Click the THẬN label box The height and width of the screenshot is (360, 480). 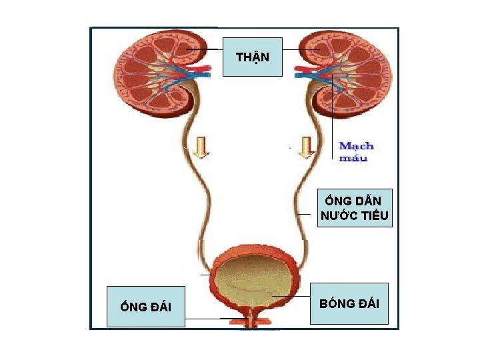point(253,57)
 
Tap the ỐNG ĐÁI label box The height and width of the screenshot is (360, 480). point(146,307)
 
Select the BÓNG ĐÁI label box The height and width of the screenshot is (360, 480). point(349,304)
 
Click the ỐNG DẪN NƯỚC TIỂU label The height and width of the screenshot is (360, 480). point(355,208)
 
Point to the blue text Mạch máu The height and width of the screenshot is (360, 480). point(357,151)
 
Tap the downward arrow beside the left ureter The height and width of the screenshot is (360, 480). point(200,147)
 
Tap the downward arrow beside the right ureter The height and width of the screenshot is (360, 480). point(305,147)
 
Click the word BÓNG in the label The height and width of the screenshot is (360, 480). point(336,304)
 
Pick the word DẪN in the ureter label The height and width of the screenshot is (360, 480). point(369,201)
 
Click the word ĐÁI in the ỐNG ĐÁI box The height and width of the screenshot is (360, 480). point(159,307)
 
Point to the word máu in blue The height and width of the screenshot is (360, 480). point(353,158)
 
